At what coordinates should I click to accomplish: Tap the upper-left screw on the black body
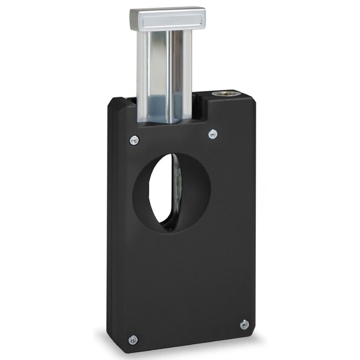point(134,141)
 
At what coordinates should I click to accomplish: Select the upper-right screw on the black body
point(213,133)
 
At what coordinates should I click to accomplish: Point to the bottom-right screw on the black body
point(244,325)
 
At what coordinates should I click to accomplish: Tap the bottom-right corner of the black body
point(254,331)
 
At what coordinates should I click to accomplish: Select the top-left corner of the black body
point(111,102)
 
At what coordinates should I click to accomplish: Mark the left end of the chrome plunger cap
point(133,19)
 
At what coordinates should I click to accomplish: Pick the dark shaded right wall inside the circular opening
point(197,191)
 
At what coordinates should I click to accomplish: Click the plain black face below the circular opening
point(183,277)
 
